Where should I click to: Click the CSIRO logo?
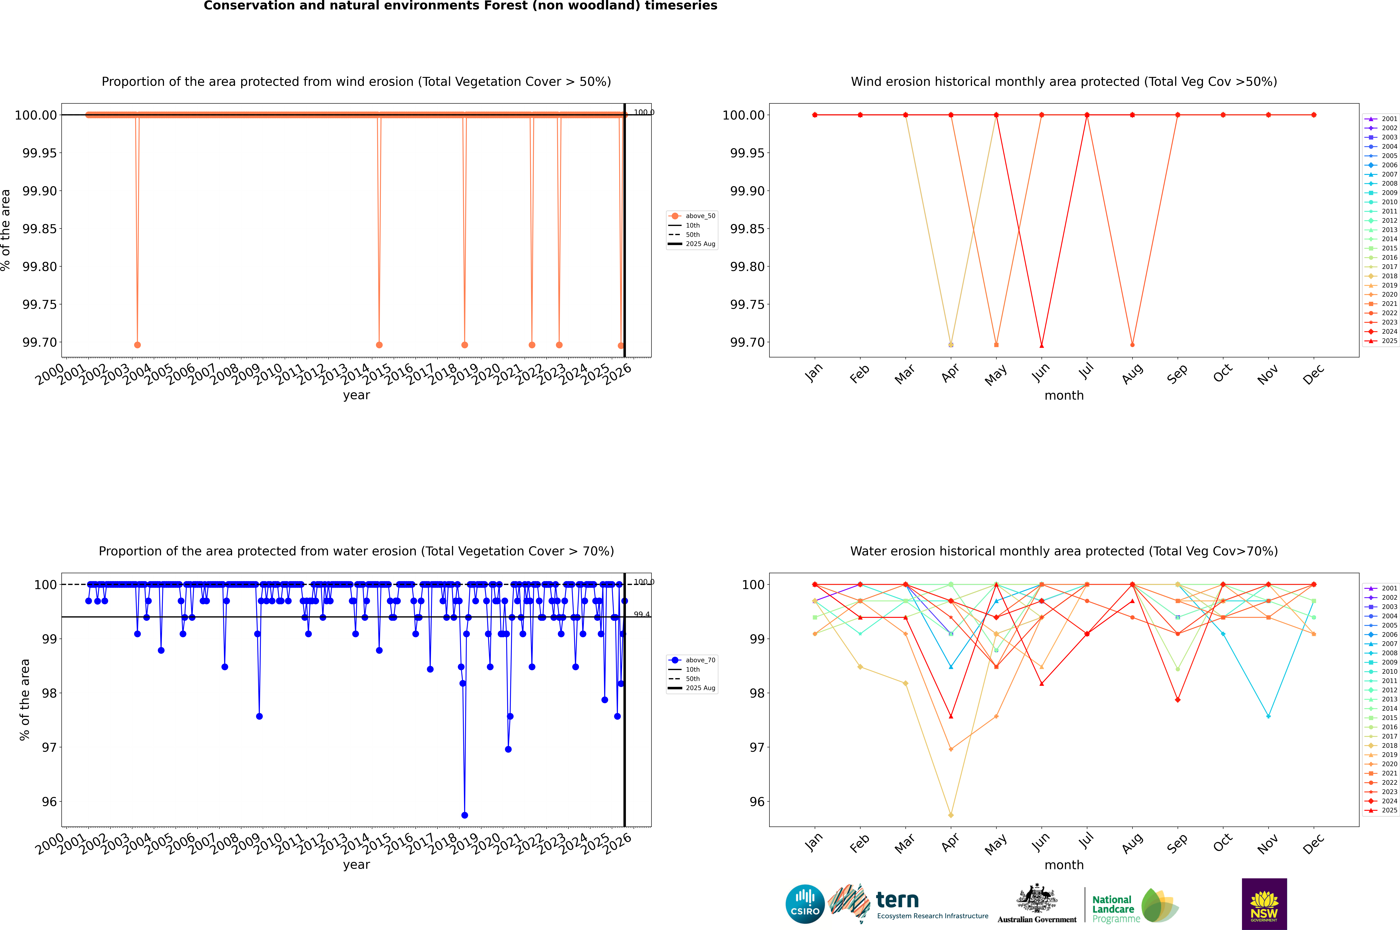pyautogui.click(x=805, y=904)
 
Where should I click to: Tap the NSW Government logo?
pyautogui.click(x=1264, y=904)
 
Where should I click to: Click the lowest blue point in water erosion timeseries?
pyautogui.click(x=465, y=815)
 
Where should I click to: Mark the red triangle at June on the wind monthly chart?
pyautogui.click(x=1042, y=345)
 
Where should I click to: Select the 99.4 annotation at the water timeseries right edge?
pyautogui.click(x=642, y=614)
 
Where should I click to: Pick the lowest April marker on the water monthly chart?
pyautogui.click(x=951, y=815)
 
